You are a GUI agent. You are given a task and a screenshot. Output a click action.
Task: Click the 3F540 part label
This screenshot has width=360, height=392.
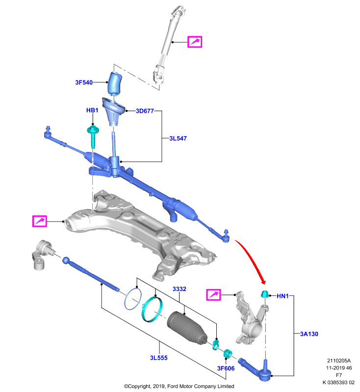point(84,82)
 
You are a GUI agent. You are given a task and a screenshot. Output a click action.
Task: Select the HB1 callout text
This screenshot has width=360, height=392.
point(92,110)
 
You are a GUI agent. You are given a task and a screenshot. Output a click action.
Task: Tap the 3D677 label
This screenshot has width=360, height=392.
point(145,111)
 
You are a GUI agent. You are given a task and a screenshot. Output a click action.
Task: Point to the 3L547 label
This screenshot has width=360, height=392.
point(178,139)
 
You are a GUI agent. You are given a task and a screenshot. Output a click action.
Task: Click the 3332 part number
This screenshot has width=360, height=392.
point(180,289)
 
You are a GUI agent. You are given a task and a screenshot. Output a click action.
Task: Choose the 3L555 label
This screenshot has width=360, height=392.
point(158,358)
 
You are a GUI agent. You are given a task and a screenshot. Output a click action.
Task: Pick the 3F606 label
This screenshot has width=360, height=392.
point(226,368)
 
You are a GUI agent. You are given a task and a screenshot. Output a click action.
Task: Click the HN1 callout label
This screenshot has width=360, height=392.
point(283,296)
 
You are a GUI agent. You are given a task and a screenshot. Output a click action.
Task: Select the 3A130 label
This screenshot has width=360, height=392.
point(309,334)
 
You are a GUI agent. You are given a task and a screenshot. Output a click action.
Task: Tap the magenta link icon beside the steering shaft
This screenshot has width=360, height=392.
point(195,42)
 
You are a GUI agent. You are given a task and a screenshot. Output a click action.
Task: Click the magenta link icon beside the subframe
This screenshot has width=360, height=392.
point(40,221)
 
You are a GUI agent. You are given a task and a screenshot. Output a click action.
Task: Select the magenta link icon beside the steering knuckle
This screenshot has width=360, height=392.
point(213,295)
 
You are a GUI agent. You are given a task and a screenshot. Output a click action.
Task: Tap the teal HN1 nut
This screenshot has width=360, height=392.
point(265,294)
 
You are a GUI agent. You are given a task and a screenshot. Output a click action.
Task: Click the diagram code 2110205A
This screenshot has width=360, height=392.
point(339,361)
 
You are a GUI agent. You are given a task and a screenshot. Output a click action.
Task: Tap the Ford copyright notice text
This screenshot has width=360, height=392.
point(179,386)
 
